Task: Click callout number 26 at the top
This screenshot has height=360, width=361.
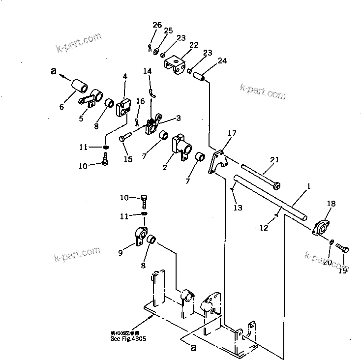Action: (156, 25)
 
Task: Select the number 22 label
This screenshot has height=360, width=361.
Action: (193, 45)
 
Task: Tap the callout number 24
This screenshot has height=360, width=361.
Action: (222, 61)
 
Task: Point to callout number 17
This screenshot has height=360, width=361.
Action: (232, 133)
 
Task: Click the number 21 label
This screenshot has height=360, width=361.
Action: (274, 159)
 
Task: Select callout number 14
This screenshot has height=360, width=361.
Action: (148, 71)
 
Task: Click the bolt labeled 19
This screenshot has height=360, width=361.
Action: (344, 250)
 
